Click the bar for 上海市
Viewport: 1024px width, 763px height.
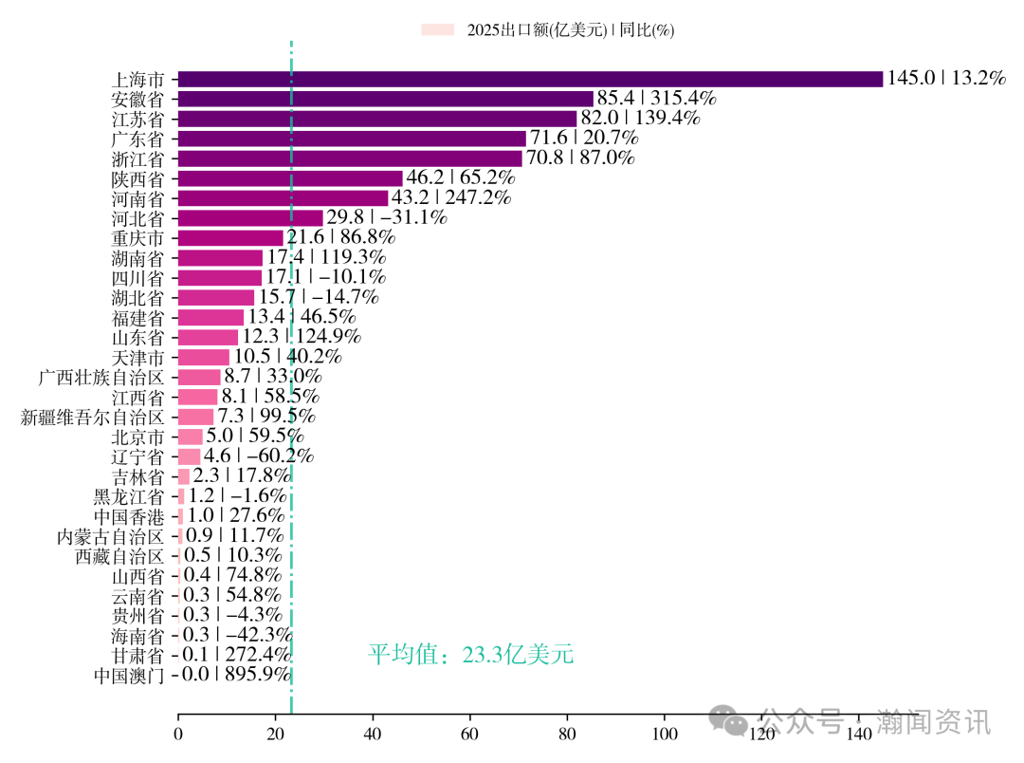pyautogui.click(x=530, y=79)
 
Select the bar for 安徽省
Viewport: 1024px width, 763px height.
pyautogui.click(x=385, y=99)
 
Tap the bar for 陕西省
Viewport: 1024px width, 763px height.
pyautogui.click(x=290, y=177)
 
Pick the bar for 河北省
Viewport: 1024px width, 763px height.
pyautogui.click(x=250, y=217)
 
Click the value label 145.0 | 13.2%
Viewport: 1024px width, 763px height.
pyautogui.click(x=945, y=79)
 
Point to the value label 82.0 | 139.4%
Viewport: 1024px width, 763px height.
pyautogui.click(x=640, y=119)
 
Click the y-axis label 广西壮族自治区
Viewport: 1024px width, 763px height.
pyautogui.click(x=101, y=377)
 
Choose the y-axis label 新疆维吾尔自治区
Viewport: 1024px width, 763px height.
pyautogui.click(x=93, y=417)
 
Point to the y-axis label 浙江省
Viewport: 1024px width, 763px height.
pyautogui.click(x=137, y=158)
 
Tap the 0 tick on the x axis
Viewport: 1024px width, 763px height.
pyautogui.click(x=178, y=735)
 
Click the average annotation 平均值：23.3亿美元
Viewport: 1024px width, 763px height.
pyautogui.click(x=470, y=655)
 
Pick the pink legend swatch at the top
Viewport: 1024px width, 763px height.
pyautogui.click(x=438, y=30)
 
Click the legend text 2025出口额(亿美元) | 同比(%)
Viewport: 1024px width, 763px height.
pyautogui.click(x=570, y=30)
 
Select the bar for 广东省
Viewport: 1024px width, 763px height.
pyautogui.click(x=352, y=139)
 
